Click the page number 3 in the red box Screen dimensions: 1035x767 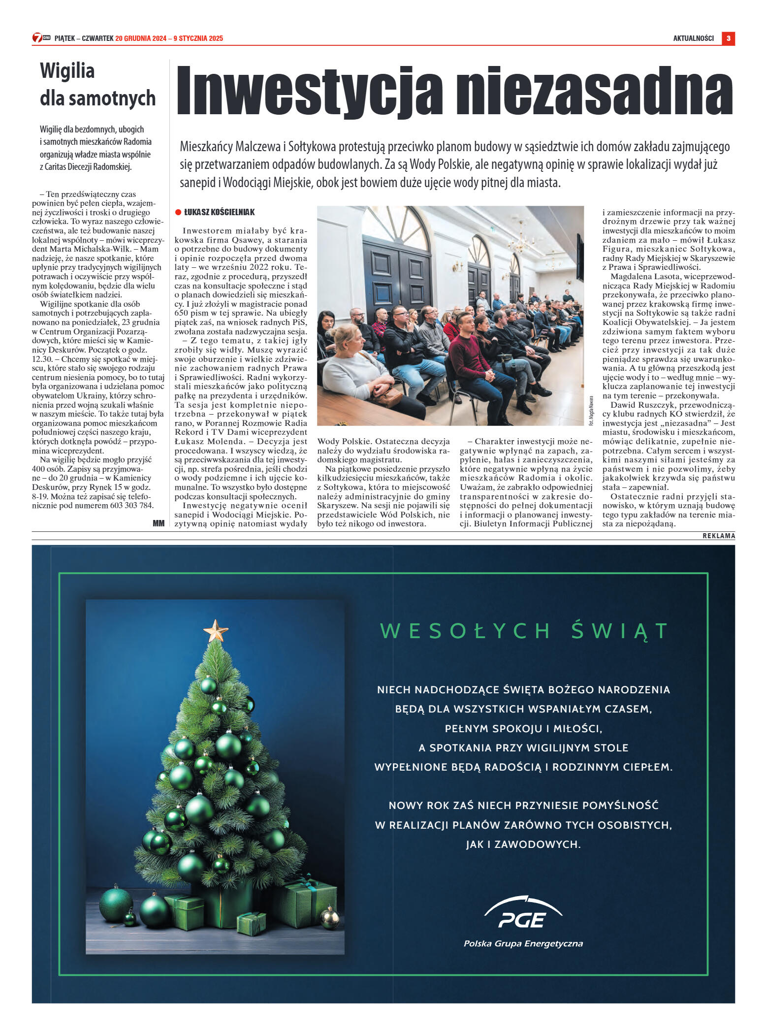728,38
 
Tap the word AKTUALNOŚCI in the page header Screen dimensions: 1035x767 693,38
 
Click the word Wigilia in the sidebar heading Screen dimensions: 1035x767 67,71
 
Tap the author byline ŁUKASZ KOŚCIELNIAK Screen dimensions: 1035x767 219,212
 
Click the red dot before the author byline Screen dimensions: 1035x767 178,212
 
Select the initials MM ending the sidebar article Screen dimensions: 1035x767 159,523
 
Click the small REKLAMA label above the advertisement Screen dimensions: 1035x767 718,536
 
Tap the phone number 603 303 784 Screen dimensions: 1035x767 132,505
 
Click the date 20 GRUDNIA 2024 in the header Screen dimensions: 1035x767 141,38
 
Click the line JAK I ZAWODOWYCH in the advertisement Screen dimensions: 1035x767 523,844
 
